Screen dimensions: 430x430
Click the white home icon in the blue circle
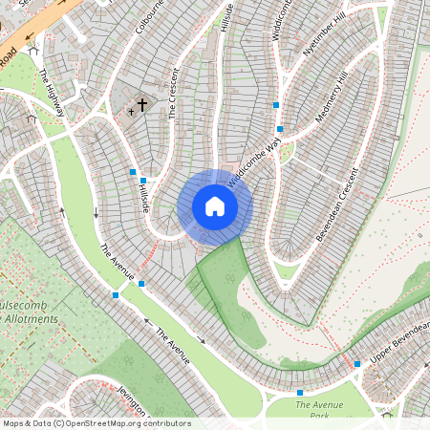[215, 206]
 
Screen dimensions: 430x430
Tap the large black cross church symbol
[143, 104]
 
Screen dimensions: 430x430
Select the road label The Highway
[52, 92]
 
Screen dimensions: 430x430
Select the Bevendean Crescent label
[335, 204]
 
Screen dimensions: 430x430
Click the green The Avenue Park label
[319, 410]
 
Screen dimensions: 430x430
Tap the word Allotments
[29, 318]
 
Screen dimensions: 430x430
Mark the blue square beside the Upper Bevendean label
[357, 364]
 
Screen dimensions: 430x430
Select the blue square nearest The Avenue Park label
[300, 393]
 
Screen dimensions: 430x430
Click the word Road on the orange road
[9, 59]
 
